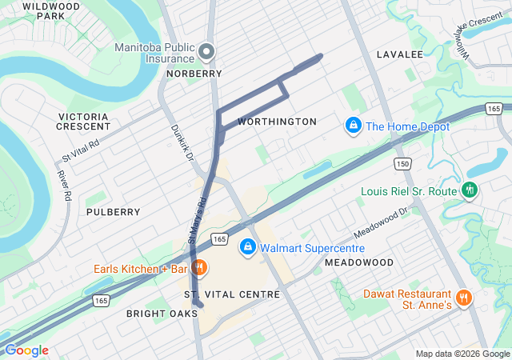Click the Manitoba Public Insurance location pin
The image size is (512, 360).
pos(206,53)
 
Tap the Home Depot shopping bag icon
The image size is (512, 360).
pos(352,126)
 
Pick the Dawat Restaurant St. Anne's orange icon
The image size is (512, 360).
pos(463,298)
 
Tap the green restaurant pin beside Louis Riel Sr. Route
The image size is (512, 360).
pos(470,190)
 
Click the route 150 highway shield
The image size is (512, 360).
pos(402,164)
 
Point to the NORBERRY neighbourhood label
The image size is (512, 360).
pos(194,74)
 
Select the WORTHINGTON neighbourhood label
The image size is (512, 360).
pos(278,122)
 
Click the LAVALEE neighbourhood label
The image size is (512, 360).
pos(399,54)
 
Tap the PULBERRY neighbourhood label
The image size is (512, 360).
pos(113,212)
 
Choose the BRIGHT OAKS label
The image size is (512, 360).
pos(162,314)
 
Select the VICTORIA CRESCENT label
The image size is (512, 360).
pos(84,122)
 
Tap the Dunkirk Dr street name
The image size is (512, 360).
pos(182,142)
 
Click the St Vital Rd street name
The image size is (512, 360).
pos(81,150)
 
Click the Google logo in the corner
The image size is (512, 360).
pos(26,350)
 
